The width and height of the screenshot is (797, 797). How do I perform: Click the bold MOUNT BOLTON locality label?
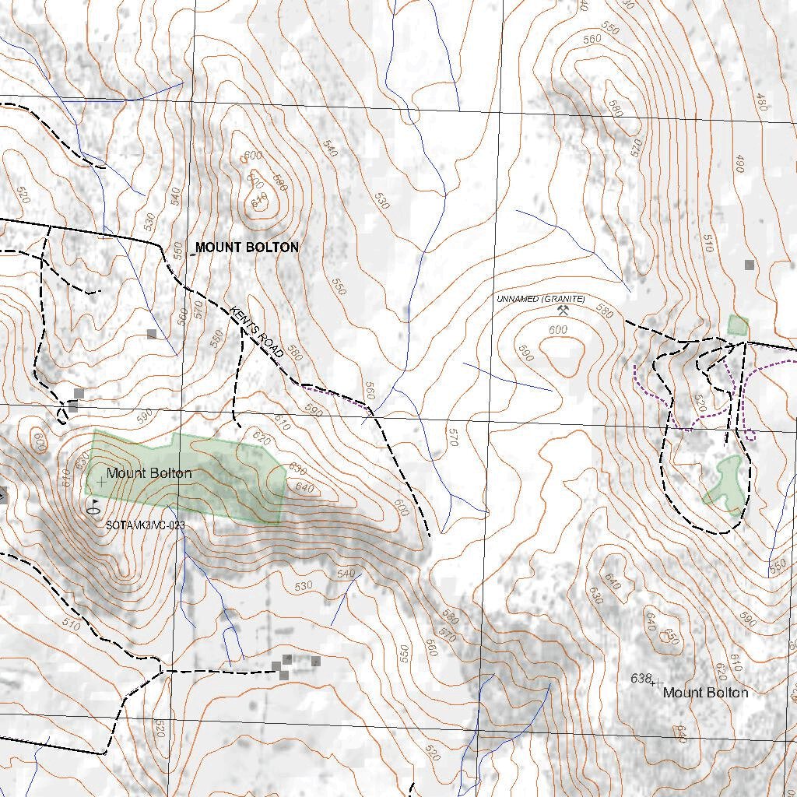coord(246,248)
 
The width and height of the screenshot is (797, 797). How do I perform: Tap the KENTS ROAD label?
coord(256,332)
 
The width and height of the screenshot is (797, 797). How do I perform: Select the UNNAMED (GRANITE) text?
coord(542,299)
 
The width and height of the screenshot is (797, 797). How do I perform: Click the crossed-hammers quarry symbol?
coord(564,311)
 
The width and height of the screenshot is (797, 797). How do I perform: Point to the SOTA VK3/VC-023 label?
coord(146,525)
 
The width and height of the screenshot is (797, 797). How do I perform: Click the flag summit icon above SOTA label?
coord(94,506)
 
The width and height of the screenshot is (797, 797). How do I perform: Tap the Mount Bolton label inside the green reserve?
coord(149,472)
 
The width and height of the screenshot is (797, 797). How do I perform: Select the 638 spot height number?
coord(640,679)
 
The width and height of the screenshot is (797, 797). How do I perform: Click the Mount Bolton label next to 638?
coord(705,693)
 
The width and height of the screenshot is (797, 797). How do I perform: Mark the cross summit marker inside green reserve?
coord(101,482)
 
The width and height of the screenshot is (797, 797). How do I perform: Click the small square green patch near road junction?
coord(737,325)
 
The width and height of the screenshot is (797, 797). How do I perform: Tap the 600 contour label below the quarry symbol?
coord(557,330)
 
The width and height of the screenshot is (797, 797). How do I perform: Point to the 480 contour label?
coord(761,102)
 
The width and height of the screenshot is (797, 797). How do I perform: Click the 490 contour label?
coord(739,164)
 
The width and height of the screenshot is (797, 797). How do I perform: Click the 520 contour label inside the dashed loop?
coord(700,403)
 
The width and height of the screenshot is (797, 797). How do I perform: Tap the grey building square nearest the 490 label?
coord(749,265)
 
